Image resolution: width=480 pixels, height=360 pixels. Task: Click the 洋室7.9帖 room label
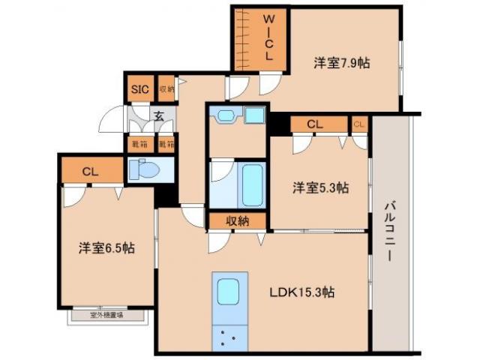click(341, 64)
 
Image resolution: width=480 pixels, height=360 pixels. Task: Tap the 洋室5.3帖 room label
click(320, 188)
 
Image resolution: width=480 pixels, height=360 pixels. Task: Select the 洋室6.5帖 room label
click(106, 247)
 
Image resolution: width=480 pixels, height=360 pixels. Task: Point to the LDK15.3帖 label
click(301, 293)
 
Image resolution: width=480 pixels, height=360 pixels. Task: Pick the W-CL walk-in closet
click(268, 39)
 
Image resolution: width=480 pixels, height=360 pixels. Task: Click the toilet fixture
click(144, 170)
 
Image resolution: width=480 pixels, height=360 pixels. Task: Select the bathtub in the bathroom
click(251, 184)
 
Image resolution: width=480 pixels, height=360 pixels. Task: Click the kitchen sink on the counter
click(227, 292)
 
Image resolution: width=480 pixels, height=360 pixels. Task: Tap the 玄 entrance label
click(160, 115)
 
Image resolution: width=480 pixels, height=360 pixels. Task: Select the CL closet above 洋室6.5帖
click(91, 172)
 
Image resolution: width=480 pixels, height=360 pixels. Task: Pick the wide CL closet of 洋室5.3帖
click(315, 124)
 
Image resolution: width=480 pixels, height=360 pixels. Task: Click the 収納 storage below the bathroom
click(237, 220)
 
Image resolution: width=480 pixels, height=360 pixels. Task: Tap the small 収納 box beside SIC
click(166, 89)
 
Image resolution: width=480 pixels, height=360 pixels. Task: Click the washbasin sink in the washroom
click(226, 115)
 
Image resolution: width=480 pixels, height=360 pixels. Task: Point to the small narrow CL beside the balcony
click(358, 124)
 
